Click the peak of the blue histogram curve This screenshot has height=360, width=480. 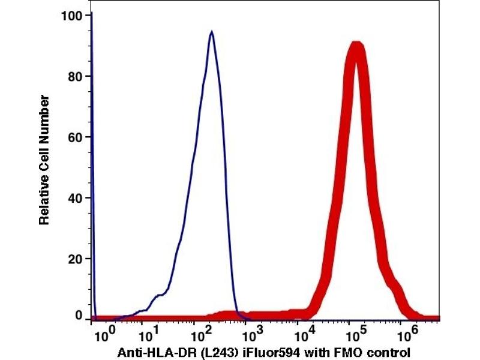pyautogui.click(x=212, y=32)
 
